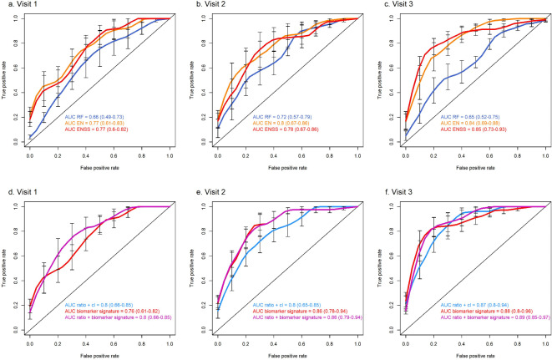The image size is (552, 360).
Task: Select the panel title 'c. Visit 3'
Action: [395, 5]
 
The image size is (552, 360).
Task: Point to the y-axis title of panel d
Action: [6, 266]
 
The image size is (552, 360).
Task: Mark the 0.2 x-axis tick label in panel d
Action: [58, 347]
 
